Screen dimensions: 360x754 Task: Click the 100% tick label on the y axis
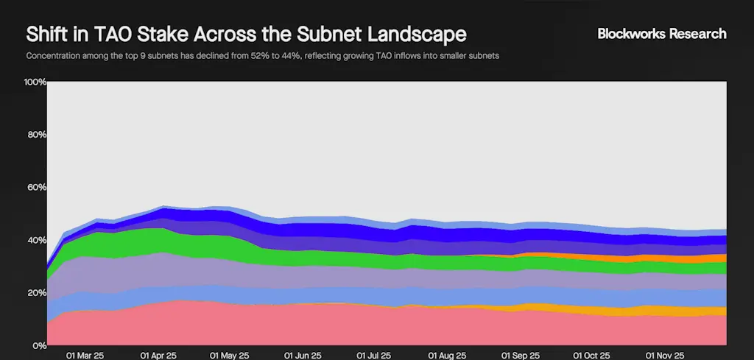click(35, 82)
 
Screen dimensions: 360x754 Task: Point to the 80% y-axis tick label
click(36, 135)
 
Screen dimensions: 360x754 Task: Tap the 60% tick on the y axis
click(36, 188)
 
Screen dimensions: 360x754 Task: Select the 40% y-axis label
click(36, 240)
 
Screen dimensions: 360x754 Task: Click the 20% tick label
click(36, 293)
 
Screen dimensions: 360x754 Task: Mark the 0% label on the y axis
click(38, 345)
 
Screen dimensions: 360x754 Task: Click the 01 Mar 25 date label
click(85, 355)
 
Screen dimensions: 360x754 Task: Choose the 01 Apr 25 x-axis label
click(158, 355)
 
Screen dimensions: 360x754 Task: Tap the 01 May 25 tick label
click(230, 355)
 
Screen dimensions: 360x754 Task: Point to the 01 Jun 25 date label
click(303, 355)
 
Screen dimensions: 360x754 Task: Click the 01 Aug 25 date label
click(448, 355)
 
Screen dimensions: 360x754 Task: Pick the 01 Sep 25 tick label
click(520, 355)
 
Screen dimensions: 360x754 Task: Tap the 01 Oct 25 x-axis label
click(593, 355)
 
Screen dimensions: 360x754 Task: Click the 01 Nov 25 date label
click(665, 355)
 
